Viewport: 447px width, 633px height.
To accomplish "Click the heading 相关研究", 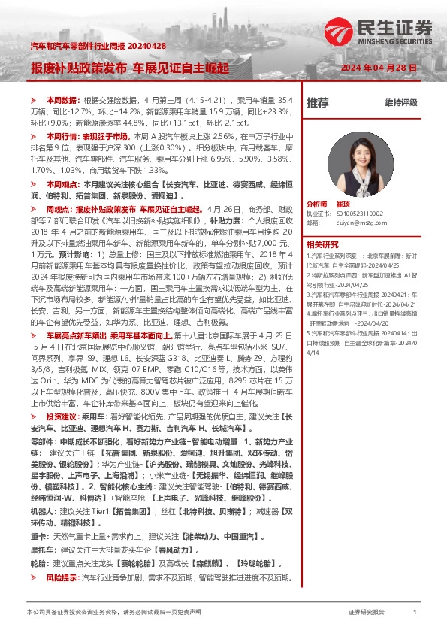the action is coord(322,244).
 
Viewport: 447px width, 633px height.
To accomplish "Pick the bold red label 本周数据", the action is coord(62,99).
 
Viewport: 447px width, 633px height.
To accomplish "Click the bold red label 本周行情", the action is coord(62,138).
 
